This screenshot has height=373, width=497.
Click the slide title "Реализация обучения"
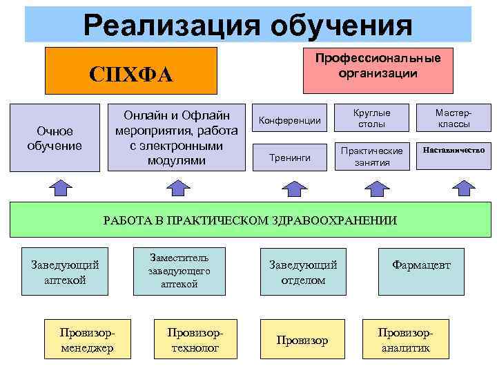point(248,25)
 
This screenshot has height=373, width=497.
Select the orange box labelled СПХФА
point(131,71)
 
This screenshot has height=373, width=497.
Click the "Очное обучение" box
point(55,137)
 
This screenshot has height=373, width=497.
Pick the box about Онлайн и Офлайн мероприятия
point(177,137)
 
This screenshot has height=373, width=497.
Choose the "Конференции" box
point(289,121)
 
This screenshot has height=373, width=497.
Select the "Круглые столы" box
point(372,118)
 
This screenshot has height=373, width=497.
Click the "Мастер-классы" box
point(454,118)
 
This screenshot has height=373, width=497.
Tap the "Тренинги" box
point(289,157)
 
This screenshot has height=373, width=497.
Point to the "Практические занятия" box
point(372,156)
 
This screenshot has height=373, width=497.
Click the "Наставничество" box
point(454,150)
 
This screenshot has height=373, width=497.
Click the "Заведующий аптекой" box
point(66,271)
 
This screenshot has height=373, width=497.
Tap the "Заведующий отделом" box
point(303,271)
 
